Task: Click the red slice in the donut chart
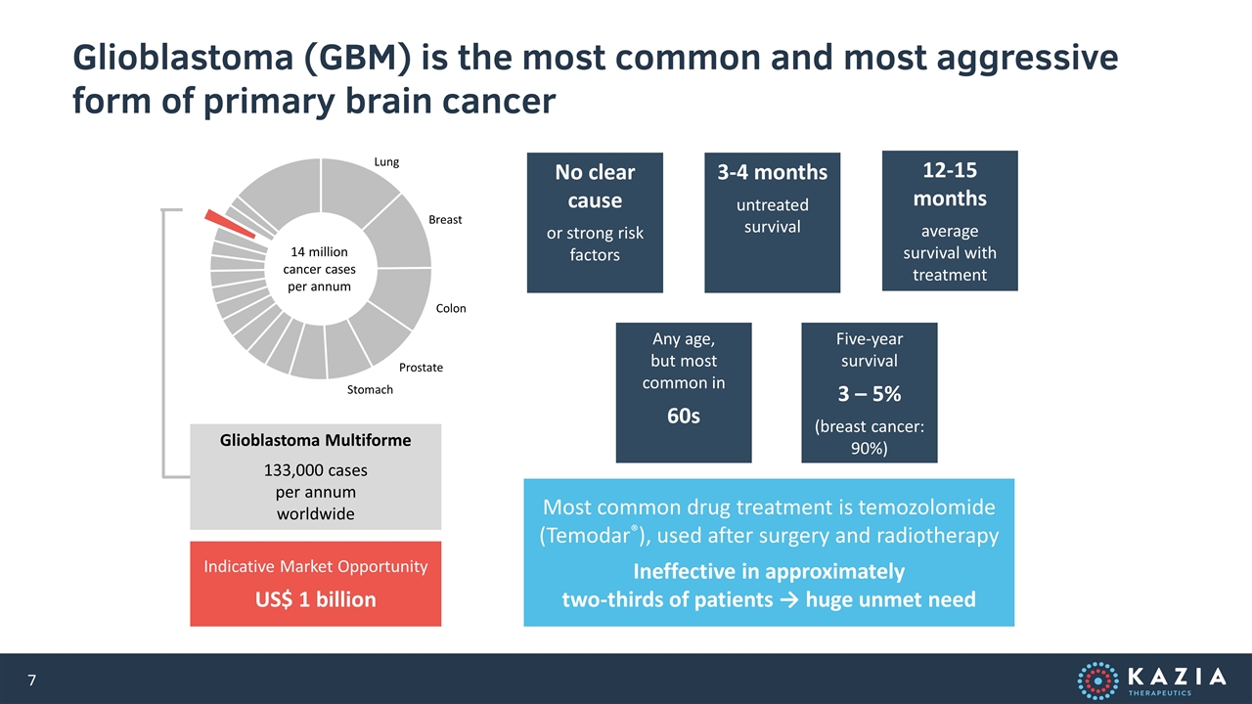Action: click(230, 224)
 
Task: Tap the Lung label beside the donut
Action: click(386, 162)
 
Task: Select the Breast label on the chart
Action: click(445, 220)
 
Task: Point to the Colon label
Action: click(451, 308)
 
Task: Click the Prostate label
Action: click(421, 368)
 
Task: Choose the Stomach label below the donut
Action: click(370, 390)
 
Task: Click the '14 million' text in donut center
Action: click(319, 252)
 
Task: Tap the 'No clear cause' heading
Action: click(595, 186)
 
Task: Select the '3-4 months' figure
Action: click(773, 172)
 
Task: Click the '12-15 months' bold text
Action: click(950, 185)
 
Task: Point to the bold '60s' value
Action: click(684, 416)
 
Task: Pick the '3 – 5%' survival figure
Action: click(870, 394)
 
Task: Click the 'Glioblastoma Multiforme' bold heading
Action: click(315, 440)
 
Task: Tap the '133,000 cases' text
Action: click(315, 470)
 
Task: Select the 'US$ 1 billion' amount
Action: click(315, 599)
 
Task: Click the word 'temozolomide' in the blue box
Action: click(926, 507)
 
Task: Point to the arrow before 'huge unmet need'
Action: click(789, 600)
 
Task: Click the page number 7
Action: click(32, 680)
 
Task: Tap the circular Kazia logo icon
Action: click(1098, 681)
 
